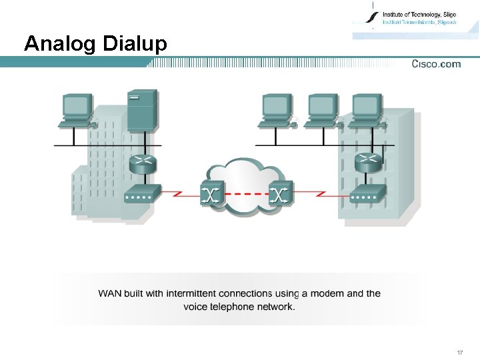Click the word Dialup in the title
(135, 44)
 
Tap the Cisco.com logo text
(436, 64)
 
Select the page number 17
(460, 351)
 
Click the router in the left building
(143, 164)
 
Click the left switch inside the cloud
(213, 194)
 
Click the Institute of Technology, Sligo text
(419, 14)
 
